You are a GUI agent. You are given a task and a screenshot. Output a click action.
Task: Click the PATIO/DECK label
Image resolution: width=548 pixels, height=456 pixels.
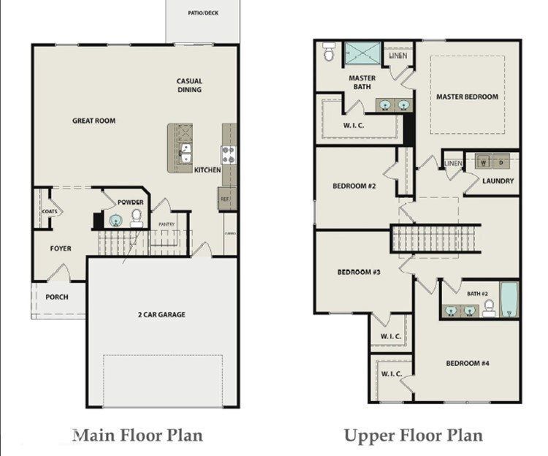(x=203, y=13)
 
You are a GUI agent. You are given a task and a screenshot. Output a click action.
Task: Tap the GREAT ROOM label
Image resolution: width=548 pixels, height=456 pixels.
(x=94, y=121)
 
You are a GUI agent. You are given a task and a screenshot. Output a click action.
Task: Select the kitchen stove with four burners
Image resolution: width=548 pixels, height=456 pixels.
(x=229, y=155)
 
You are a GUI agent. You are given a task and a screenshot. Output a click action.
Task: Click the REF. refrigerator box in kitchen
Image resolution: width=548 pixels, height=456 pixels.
(x=226, y=199)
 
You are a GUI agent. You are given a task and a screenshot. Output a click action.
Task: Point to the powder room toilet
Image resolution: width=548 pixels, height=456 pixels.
(x=136, y=218)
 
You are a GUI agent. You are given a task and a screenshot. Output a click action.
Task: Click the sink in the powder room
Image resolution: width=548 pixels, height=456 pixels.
(x=115, y=221)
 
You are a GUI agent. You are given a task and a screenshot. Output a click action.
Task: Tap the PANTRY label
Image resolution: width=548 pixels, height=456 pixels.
(x=167, y=224)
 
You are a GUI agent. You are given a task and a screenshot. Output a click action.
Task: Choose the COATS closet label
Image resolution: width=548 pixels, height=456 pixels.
(x=50, y=211)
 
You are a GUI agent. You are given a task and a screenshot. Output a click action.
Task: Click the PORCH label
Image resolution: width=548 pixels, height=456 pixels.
(x=57, y=297)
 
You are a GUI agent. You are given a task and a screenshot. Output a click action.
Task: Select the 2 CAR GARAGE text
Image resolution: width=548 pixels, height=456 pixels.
(x=161, y=314)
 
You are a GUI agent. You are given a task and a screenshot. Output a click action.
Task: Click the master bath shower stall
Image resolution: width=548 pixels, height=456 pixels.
(x=362, y=53)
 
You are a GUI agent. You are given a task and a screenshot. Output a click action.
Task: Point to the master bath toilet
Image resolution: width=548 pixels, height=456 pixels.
(x=329, y=51)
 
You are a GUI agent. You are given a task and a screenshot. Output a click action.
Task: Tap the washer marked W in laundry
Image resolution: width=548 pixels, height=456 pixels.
(x=484, y=162)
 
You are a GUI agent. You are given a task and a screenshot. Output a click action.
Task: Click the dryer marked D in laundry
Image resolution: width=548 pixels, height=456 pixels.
(x=501, y=162)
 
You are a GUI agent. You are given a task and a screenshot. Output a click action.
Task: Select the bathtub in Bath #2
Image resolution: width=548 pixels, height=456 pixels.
(x=509, y=300)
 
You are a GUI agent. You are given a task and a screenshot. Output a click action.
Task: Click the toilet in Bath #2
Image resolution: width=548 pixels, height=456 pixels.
(x=489, y=308)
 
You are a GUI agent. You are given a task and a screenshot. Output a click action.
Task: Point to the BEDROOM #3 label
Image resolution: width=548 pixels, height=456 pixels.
(x=359, y=272)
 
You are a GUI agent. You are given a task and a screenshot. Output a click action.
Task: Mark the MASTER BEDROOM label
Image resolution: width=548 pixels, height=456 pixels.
(x=468, y=96)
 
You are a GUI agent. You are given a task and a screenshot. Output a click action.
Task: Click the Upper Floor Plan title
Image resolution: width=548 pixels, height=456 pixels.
(x=414, y=436)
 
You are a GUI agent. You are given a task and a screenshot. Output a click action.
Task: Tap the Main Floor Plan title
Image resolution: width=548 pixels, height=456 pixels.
(x=138, y=436)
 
